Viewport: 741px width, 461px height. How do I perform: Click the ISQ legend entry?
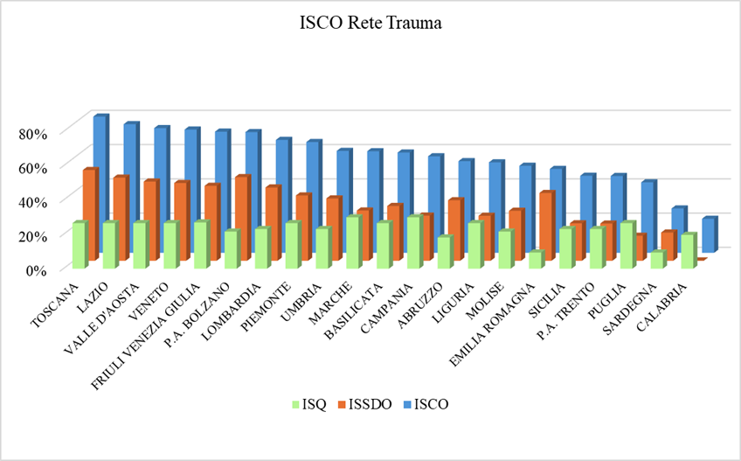point(308,404)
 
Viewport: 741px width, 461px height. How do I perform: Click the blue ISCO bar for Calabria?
point(709,234)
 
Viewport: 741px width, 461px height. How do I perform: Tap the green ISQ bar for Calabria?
point(688,251)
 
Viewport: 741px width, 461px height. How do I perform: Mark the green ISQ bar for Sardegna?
point(658,260)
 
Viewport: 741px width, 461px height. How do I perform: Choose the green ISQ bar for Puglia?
point(627,246)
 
